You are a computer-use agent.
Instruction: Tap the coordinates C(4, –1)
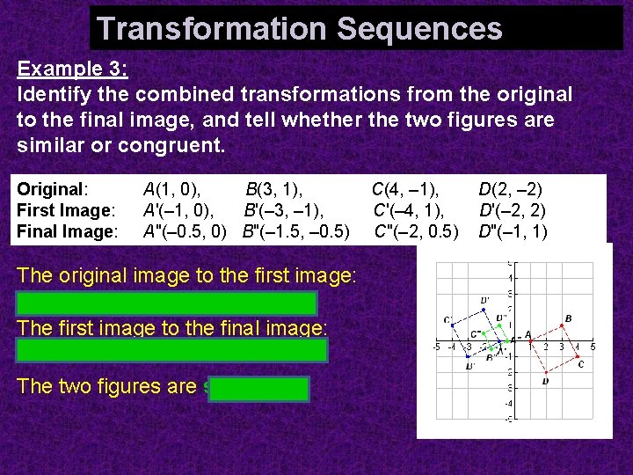pos(405,188)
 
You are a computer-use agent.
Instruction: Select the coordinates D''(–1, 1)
pos(513,232)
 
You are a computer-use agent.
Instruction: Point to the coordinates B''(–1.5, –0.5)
pos(295,232)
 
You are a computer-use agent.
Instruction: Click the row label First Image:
pos(66,210)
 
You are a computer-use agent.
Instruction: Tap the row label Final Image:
pos(67,232)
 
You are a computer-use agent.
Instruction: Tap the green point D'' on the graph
pos(498,325)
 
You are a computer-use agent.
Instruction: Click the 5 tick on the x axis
pos(593,347)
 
